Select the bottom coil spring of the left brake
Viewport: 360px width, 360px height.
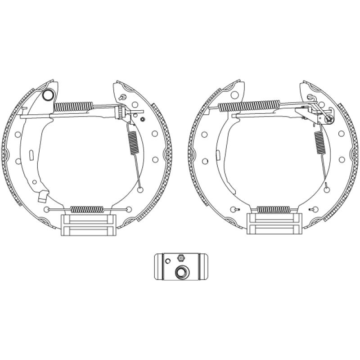[x=87, y=209]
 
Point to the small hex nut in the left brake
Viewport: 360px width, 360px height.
[x=142, y=119]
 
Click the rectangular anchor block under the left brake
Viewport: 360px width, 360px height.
[x=88, y=225]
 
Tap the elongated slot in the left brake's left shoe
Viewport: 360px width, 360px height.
[x=31, y=155]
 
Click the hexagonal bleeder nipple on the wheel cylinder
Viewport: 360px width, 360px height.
[x=180, y=258]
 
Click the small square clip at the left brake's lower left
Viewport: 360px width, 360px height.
[x=43, y=196]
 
